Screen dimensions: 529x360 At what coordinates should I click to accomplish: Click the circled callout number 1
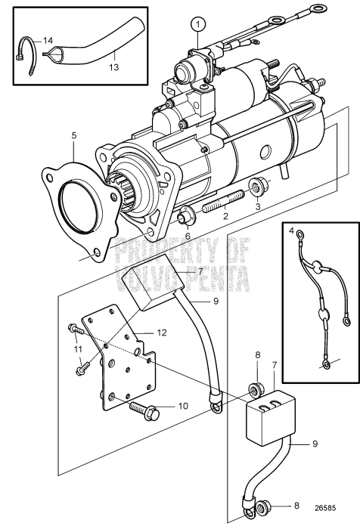click(198, 23)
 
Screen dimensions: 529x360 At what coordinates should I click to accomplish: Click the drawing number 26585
click(327, 509)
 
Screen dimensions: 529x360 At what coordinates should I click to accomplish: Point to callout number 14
click(47, 39)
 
